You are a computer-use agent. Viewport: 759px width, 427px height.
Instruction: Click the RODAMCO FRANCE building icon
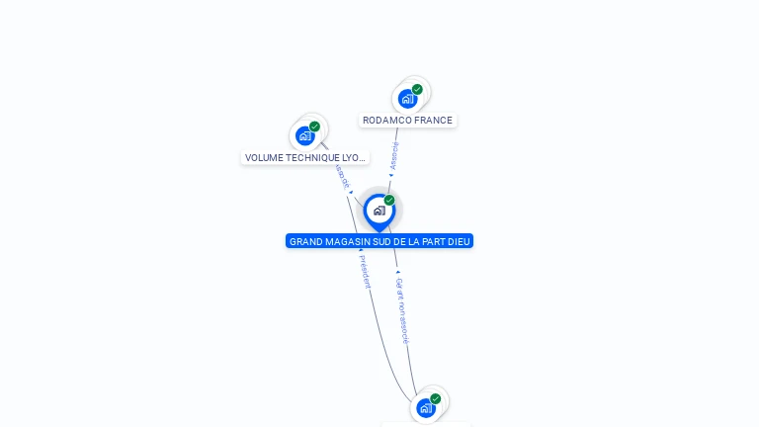click(x=407, y=99)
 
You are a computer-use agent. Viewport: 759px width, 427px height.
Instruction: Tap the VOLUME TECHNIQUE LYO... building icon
click(x=304, y=135)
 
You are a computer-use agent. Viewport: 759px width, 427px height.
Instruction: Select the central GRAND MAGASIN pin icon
click(x=379, y=211)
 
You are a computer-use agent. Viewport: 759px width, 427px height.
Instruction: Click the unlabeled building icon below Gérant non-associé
click(x=425, y=407)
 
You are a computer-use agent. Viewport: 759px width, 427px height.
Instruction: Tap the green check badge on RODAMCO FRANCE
click(x=417, y=89)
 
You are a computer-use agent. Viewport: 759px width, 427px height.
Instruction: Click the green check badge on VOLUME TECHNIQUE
click(x=314, y=127)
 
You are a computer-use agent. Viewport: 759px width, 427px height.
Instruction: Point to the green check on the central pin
click(x=389, y=200)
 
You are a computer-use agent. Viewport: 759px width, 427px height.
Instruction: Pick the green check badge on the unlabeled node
click(x=435, y=398)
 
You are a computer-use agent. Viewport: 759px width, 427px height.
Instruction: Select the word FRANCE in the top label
click(x=433, y=121)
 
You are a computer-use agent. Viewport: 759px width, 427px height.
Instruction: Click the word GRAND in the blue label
click(x=305, y=241)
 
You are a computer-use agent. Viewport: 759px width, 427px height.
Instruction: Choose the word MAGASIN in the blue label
click(x=345, y=241)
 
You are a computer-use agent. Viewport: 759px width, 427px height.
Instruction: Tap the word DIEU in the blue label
click(x=460, y=241)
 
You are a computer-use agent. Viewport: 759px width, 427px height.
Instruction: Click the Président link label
click(x=364, y=272)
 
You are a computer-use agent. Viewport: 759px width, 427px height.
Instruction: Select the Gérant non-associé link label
click(x=401, y=309)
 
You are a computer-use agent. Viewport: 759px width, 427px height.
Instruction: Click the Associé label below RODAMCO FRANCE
click(x=394, y=156)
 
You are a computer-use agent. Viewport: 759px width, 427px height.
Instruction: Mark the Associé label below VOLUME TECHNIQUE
click(x=343, y=176)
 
